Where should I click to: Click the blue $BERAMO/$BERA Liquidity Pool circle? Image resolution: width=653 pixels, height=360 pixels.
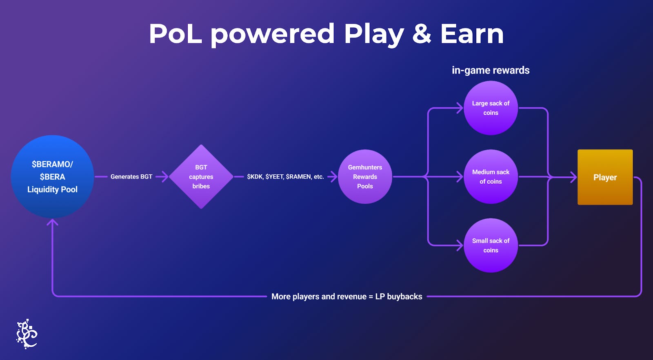(x=52, y=176)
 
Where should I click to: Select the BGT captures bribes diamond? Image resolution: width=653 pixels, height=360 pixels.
(x=201, y=176)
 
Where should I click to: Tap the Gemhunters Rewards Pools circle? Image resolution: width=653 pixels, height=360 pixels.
(x=365, y=176)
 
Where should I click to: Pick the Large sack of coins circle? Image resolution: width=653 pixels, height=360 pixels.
(x=491, y=108)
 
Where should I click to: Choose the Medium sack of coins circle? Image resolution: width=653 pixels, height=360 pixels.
(x=491, y=176)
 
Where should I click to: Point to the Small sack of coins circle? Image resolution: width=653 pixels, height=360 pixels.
(x=491, y=245)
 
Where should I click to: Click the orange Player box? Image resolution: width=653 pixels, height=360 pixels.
(x=605, y=177)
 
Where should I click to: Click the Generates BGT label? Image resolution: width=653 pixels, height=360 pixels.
(x=131, y=177)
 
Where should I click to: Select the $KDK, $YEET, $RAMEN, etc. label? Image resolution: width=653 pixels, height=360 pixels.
(x=285, y=177)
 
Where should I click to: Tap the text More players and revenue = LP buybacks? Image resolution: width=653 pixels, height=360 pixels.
(x=346, y=296)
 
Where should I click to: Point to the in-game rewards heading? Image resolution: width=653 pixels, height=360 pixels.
(x=491, y=70)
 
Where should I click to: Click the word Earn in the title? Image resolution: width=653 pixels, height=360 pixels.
(x=472, y=33)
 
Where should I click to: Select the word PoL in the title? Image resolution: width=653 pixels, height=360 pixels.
(x=175, y=33)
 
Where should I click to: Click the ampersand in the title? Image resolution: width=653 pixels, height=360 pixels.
(x=422, y=33)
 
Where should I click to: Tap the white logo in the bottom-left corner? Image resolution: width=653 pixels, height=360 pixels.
(x=27, y=334)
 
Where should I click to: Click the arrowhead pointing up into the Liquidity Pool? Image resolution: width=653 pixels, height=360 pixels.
(x=52, y=222)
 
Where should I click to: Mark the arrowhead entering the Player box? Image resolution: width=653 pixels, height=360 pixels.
(x=574, y=177)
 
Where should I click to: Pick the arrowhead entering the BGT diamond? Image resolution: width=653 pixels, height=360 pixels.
(x=165, y=177)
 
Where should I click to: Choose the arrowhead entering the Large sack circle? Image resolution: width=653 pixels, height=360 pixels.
(x=460, y=108)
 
